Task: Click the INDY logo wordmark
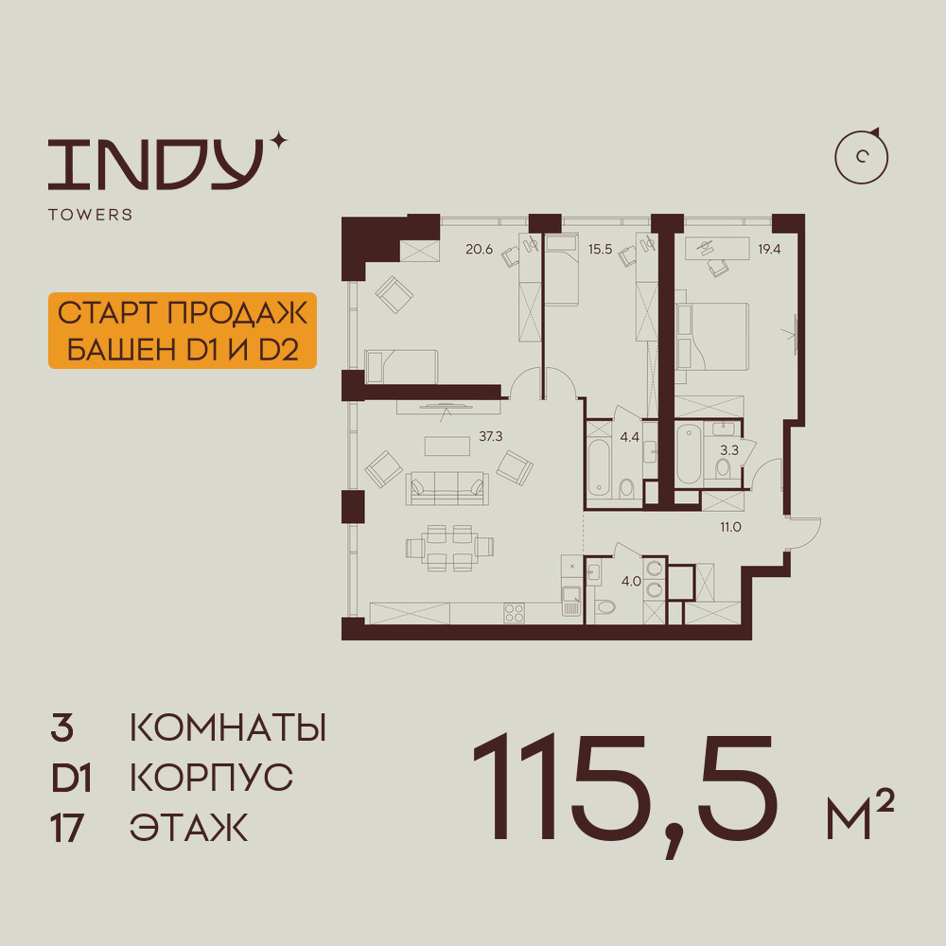(x=157, y=164)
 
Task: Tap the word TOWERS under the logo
(x=91, y=215)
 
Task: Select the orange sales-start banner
(x=183, y=330)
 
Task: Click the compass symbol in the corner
(x=862, y=156)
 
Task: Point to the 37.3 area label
(x=490, y=436)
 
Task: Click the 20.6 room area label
(x=479, y=249)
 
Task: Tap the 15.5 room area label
(x=601, y=249)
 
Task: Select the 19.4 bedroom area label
(x=769, y=249)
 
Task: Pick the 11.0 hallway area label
(x=730, y=527)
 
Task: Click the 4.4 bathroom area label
(x=629, y=437)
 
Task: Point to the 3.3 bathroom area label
(x=729, y=450)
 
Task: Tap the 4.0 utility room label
(x=631, y=582)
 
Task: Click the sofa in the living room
(x=447, y=488)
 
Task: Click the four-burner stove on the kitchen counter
(x=514, y=613)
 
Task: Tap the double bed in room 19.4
(x=712, y=337)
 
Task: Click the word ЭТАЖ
(x=189, y=828)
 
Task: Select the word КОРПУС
(x=211, y=778)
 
